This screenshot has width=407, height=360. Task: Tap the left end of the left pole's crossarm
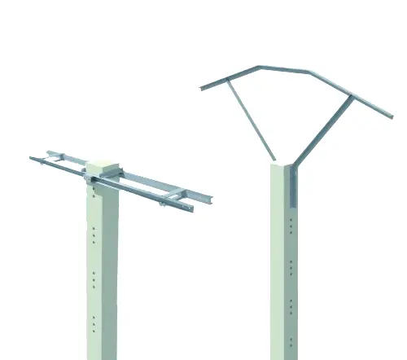[x=33, y=158]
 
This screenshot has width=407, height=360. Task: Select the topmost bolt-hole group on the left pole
[x=96, y=195]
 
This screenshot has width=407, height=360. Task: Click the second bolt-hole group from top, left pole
[x=96, y=236]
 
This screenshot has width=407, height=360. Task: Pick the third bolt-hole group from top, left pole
[x=95, y=279]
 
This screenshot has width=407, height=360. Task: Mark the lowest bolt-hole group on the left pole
[x=95, y=323]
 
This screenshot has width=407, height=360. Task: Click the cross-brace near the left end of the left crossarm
[x=57, y=158]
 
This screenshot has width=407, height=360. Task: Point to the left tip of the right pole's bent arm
[x=203, y=87]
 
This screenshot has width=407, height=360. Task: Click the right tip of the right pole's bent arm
[x=391, y=116]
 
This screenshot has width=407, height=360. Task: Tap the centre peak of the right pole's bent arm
[x=307, y=71]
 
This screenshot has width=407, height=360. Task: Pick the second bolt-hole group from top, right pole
[x=291, y=266]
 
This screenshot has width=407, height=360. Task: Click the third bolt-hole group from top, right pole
[x=291, y=305]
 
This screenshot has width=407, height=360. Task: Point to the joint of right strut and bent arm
[x=352, y=99]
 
